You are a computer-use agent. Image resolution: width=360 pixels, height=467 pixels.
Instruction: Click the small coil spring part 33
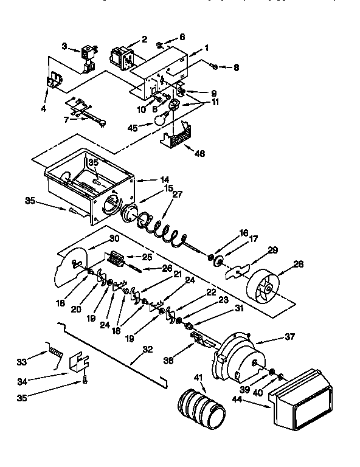point(55,353)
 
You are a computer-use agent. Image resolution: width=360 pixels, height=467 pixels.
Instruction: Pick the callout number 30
point(114,238)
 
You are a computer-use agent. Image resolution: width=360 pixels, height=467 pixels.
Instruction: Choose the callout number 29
point(272,250)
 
